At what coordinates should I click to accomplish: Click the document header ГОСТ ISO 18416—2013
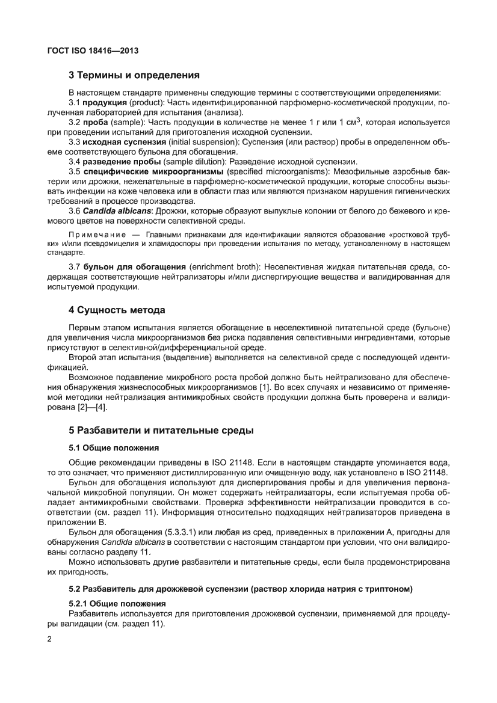tap(93, 51)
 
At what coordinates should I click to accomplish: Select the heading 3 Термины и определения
tap(133, 76)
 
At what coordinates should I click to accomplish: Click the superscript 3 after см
tap(358, 120)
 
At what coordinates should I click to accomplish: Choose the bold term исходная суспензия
tap(124, 141)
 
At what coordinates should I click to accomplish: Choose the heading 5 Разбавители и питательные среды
tap(161, 431)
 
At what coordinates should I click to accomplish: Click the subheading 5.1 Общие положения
tap(114, 448)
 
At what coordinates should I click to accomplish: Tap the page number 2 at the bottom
tap(49, 639)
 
